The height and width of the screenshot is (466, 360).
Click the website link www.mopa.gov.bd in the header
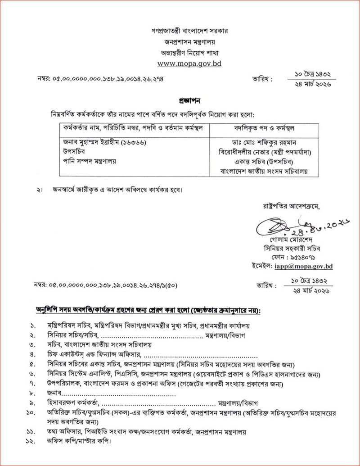[189, 63]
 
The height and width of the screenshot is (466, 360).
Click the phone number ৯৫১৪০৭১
[307, 258]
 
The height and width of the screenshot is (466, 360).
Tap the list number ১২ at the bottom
[31, 441]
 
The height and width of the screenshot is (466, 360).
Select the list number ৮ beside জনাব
[31, 394]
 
